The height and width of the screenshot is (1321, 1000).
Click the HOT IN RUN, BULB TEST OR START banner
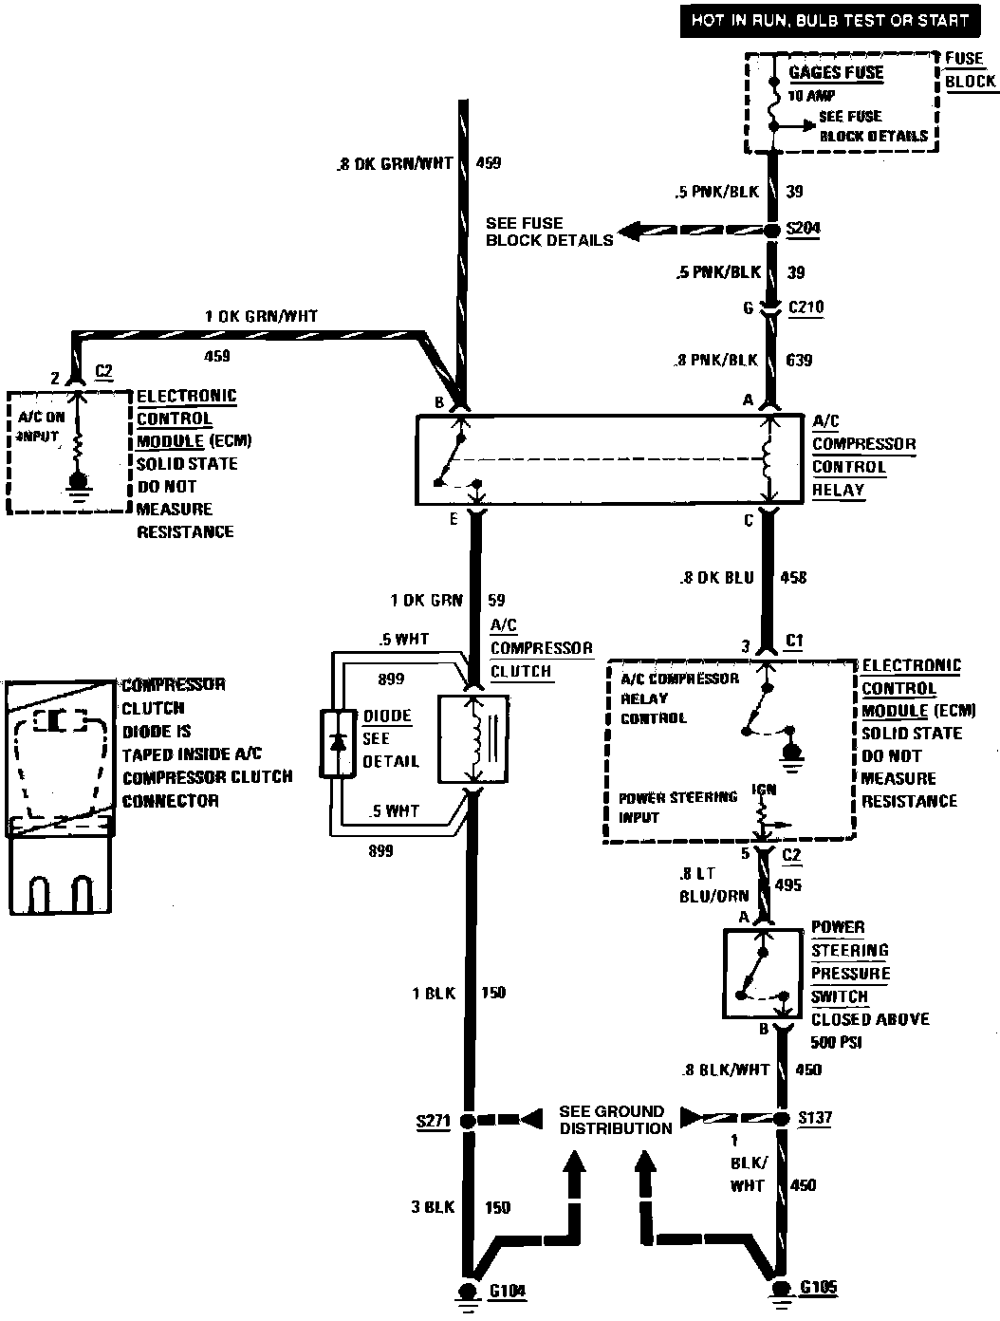coord(828,20)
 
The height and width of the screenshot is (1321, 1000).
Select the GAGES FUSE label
coord(836,73)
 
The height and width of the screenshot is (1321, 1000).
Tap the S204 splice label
coord(805,229)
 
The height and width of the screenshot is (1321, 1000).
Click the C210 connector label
coord(806,307)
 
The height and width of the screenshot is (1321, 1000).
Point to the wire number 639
coord(799,361)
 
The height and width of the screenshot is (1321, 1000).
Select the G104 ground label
coord(508,1291)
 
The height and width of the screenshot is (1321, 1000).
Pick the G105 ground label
coord(818,1289)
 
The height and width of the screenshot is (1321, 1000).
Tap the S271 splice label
coord(433,1120)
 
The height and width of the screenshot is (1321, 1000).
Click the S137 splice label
coord(815,1118)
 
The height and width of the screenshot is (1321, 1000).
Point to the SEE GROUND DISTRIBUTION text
coord(616,1120)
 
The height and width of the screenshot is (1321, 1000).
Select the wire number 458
coord(793,577)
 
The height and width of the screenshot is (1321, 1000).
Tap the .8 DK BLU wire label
coord(716,577)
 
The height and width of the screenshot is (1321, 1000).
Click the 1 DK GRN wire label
coord(427,601)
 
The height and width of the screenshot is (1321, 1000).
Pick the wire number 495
coord(788,885)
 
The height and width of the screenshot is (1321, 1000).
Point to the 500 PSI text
coord(836,1043)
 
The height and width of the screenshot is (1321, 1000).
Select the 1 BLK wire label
coord(433,994)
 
